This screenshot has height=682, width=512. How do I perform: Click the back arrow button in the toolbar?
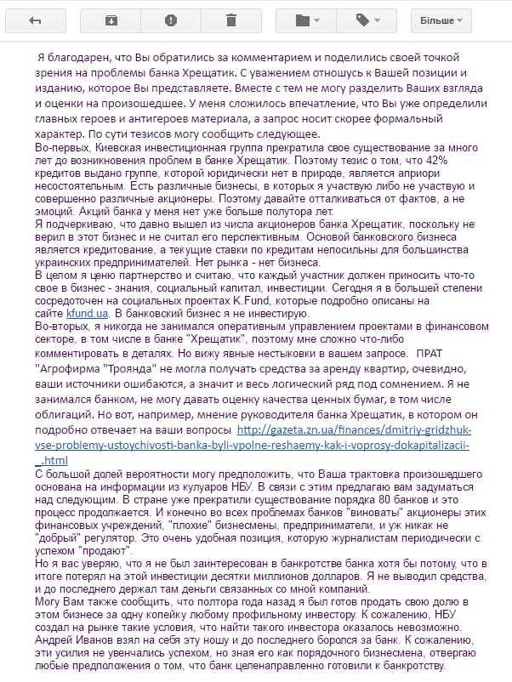point(35,20)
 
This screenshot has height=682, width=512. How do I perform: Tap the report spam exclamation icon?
point(170,20)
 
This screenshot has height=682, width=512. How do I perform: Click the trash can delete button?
point(231,20)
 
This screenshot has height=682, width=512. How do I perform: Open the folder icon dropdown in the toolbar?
point(305,20)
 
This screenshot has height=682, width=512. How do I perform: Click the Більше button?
point(440,20)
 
